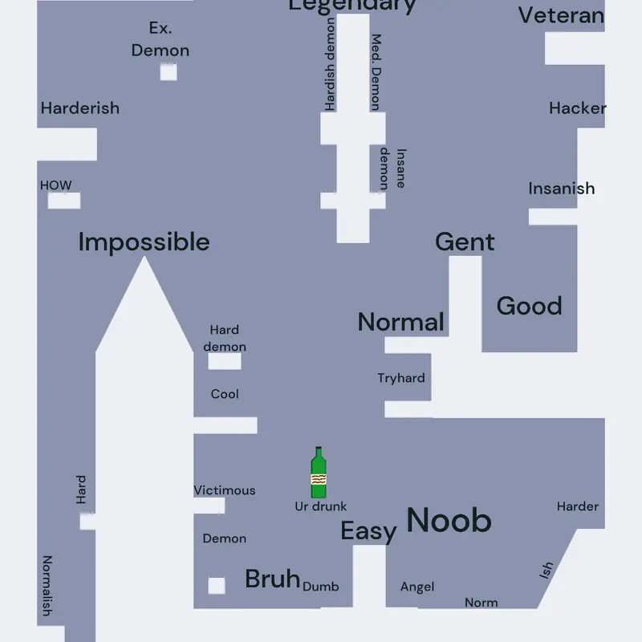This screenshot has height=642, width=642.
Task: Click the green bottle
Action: point(319,472)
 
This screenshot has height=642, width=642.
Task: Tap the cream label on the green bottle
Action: point(319,479)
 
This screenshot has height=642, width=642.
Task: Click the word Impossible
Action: point(144,242)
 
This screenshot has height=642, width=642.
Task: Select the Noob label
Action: point(449,520)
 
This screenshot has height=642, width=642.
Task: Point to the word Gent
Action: point(465,242)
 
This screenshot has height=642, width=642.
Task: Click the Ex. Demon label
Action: point(160,39)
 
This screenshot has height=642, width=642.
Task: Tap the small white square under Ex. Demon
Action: point(169,72)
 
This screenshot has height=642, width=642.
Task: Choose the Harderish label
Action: point(80,108)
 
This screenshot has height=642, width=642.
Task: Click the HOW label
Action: point(55,185)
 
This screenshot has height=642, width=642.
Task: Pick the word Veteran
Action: point(561,15)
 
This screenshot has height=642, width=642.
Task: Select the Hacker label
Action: point(578,108)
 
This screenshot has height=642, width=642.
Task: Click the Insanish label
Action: point(561,189)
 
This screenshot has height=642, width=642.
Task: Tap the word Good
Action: point(530,306)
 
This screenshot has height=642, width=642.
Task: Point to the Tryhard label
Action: point(401,378)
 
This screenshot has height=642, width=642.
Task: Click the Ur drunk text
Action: point(320,506)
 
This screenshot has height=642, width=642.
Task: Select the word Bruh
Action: point(273,579)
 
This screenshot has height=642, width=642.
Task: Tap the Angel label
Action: point(417,587)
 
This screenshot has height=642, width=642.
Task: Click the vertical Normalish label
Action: point(47,586)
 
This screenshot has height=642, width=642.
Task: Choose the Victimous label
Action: point(225,490)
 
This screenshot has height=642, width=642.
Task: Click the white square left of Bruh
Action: point(217,586)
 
